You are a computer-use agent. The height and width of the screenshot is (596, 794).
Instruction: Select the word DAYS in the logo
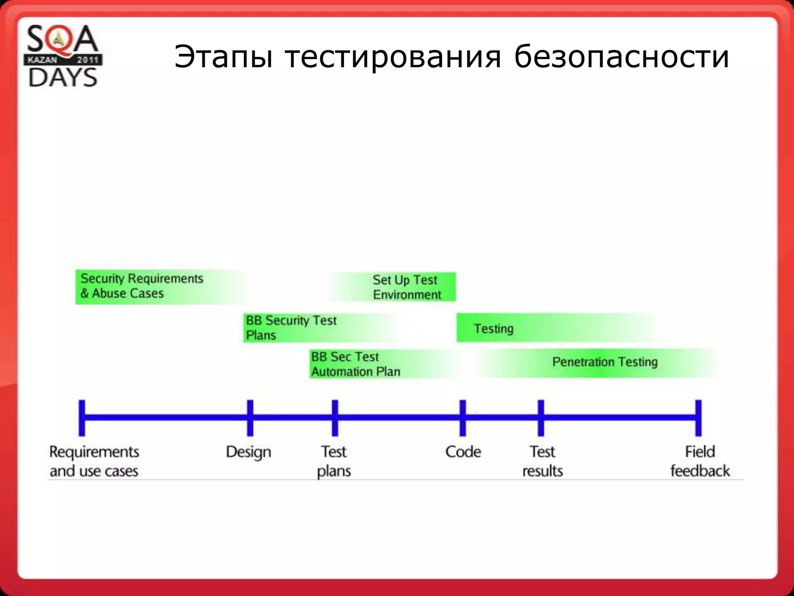(63, 77)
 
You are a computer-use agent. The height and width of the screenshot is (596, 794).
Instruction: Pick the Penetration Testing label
(605, 362)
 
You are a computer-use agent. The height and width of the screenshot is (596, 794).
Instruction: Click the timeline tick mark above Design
(250, 418)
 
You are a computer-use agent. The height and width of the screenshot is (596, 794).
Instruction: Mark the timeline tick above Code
(463, 418)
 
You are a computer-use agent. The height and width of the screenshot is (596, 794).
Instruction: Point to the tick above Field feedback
(698, 418)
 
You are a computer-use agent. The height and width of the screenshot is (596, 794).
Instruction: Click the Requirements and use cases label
(94, 461)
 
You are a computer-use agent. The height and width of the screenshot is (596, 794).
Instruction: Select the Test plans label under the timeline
(334, 461)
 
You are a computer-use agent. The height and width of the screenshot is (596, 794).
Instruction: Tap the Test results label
(542, 461)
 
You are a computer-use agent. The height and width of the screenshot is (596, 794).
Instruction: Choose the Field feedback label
(700, 461)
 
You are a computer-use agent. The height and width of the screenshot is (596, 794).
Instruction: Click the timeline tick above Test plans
(335, 418)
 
